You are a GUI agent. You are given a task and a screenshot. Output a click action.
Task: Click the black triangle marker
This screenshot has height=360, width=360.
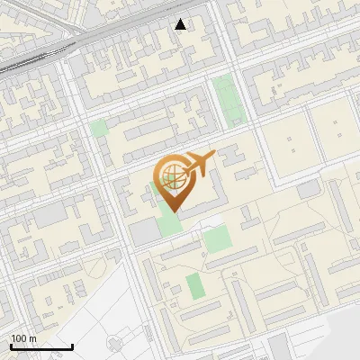[x=181, y=24]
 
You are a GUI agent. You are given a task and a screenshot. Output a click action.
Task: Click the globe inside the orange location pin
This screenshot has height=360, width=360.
[x=171, y=177]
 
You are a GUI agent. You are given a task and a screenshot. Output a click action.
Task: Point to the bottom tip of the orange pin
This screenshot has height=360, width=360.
[x=171, y=211]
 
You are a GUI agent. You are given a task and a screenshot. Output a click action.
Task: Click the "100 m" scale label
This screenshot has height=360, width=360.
[x=24, y=338]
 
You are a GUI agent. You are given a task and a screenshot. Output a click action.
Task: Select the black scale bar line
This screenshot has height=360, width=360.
[x=41, y=346]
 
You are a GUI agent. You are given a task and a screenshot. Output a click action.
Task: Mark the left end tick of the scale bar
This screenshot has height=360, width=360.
[x=11, y=346]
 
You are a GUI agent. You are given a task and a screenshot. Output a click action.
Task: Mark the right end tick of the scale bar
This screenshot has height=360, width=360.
[x=72, y=346]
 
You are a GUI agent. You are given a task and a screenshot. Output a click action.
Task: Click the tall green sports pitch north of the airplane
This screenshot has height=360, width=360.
[x=227, y=99]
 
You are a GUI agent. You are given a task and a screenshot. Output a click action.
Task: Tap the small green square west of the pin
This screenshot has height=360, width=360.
[x=98, y=128]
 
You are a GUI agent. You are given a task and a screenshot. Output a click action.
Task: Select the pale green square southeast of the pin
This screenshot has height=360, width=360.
[x=216, y=238]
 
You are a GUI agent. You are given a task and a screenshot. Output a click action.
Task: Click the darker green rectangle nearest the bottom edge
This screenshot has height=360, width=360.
[x=195, y=286]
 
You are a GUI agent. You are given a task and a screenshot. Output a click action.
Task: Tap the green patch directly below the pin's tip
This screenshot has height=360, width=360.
[x=168, y=221]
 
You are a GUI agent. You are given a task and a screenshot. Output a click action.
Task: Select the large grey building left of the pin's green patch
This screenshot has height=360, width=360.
[x=143, y=232]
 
